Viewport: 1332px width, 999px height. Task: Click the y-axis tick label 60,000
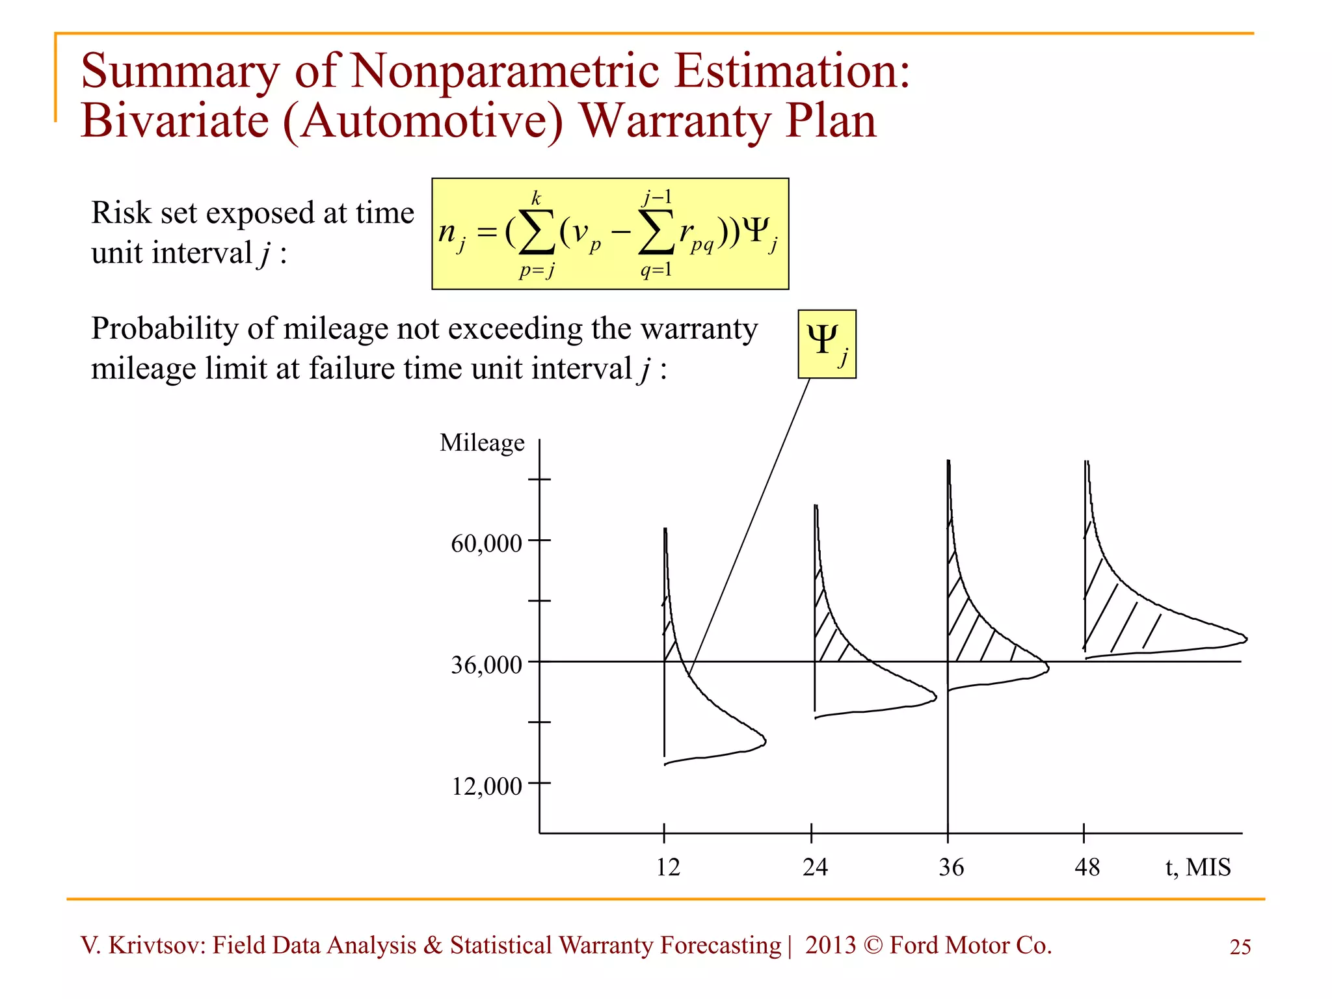click(486, 543)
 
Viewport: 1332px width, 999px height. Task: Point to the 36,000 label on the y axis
click(486, 665)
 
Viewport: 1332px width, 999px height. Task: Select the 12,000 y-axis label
click(486, 786)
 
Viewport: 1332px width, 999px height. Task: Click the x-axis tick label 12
click(667, 867)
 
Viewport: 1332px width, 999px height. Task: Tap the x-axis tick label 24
click(814, 867)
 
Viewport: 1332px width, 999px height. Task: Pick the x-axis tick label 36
click(951, 867)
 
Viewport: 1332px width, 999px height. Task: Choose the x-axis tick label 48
click(1087, 867)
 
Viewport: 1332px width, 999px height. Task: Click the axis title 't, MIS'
click(1197, 867)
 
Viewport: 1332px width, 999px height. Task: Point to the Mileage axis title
click(482, 443)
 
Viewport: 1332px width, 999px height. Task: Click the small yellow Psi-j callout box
click(827, 344)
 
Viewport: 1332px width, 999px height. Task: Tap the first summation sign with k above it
click(537, 233)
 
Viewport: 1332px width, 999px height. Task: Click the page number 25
click(1240, 947)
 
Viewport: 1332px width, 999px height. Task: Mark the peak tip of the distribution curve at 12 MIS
click(765, 741)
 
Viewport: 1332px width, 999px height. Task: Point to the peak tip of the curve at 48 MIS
click(1246, 639)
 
